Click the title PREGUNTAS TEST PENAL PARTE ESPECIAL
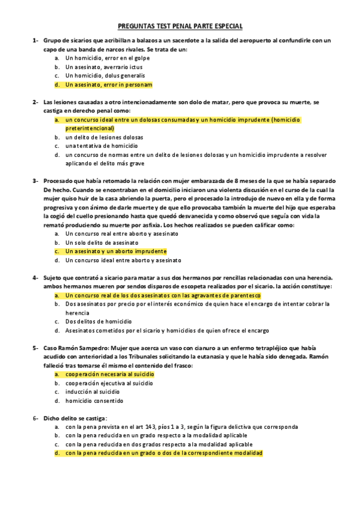point(179,26)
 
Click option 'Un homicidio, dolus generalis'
point(105,76)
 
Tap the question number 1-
point(35,40)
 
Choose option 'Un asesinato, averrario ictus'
point(105,67)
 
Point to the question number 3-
point(35,180)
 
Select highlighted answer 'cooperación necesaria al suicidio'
point(109,373)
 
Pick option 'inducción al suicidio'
point(93,391)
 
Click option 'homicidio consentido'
point(94,400)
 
